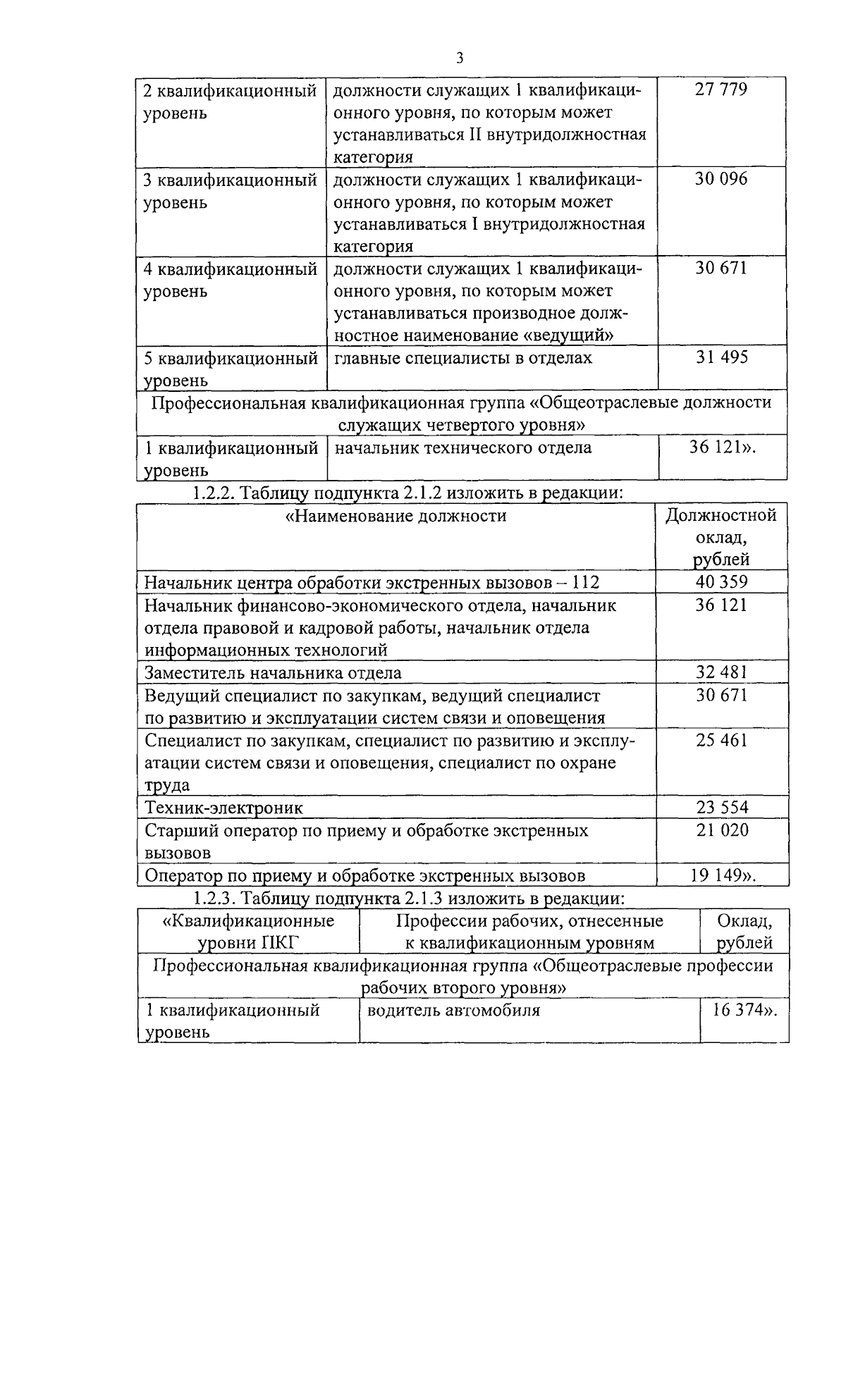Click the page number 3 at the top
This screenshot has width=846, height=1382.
pyautogui.click(x=459, y=58)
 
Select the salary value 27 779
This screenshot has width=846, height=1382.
pyautogui.click(x=721, y=90)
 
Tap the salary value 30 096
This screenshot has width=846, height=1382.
pyautogui.click(x=721, y=179)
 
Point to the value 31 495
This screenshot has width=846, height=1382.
pyautogui.click(x=722, y=357)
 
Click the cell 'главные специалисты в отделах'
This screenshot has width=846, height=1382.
pyautogui.click(x=462, y=358)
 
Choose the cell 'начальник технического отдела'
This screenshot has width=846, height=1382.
pyautogui.click(x=462, y=448)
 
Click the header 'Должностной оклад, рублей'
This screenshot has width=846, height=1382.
pyautogui.click(x=721, y=537)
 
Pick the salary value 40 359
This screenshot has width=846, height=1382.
pyautogui.click(x=721, y=582)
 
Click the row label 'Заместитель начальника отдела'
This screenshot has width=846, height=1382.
pyautogui.click(x=273, y=672)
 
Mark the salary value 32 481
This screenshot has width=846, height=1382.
pyautogui.click(x=721, y=672)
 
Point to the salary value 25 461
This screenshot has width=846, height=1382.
pyautogui.click(x=721, y=741)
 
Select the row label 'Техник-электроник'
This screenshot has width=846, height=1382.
pyautogui.click(x=223, y=808)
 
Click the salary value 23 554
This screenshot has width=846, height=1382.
pyautogui.click(x=721, y=808)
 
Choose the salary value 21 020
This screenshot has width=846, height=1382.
pyautogui.click(x=721, y=830)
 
